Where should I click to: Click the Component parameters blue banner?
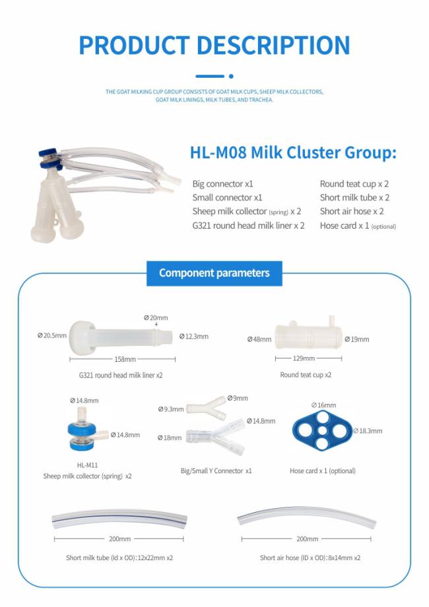pyautogui.click(x=214, y=274)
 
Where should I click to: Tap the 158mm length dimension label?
pyautogui.click(x=125, y=359)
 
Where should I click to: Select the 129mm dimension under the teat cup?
pyautogui.click(x=304, y=359)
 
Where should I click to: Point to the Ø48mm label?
pyautogui.click(x=259, y=339)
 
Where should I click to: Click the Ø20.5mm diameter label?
pyautogui.click(x=52, y=335)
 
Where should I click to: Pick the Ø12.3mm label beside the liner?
pyautogui.click(x=194, y=336)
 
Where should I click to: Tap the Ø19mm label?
pyautogui.click(x=357, y=339)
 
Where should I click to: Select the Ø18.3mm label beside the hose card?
pyautogui.click(x=368, y=431)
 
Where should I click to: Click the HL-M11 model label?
pyautogui.click(x=87, y=465)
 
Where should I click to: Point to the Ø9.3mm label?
pyautogui.click(x=171, y=409)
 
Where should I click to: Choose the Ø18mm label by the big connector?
pyautogui.click(x=170, y=438)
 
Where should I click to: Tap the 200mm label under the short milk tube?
pyautogui.click(x=119, y=539)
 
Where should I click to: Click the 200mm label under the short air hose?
pyautogui.click(x=307, y=539)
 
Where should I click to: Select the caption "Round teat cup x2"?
pyautogui.click(x=306, y=375)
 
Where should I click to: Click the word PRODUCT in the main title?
pyautogui.click(x=134, y=45)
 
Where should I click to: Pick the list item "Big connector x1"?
pyautogui.click(x=222, y=184)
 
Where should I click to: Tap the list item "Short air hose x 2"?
pyautogui.click(x=352, y=212)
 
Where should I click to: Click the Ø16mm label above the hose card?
pyautogui.click(x=323, y=405)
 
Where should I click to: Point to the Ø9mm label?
pyautogui.click(x=238, y=398)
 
